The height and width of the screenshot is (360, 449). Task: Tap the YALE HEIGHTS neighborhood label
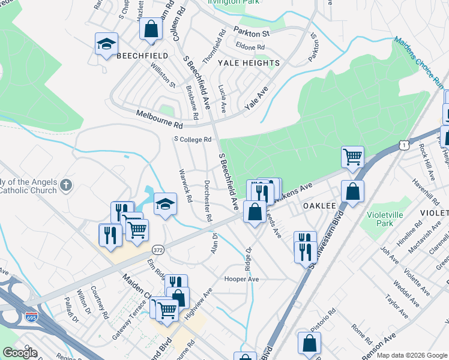click(249, 63)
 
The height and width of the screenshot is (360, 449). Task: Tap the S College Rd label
click(193, 139)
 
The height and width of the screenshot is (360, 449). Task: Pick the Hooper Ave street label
click(241, 279)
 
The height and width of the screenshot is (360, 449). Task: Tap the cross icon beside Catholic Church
click(67, 186)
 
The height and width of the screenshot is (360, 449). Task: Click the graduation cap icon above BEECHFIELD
click(107, 44)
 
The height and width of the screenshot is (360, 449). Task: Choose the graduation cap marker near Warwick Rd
click(166, 204)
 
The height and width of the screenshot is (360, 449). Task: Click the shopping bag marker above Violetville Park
click(354, 191)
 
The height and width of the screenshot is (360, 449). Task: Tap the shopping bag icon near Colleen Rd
click(151, 28)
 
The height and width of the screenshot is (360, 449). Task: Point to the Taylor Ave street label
click(397, 300)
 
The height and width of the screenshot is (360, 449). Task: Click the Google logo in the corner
click(20, 353)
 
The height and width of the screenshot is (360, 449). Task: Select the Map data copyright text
click(412, 355)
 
